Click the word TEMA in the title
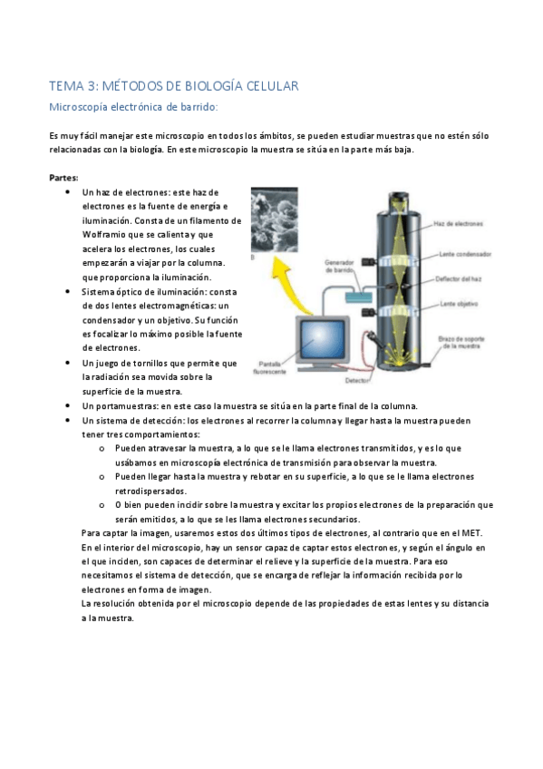64,86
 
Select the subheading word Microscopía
82,108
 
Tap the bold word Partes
63,178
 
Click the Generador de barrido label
342,265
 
